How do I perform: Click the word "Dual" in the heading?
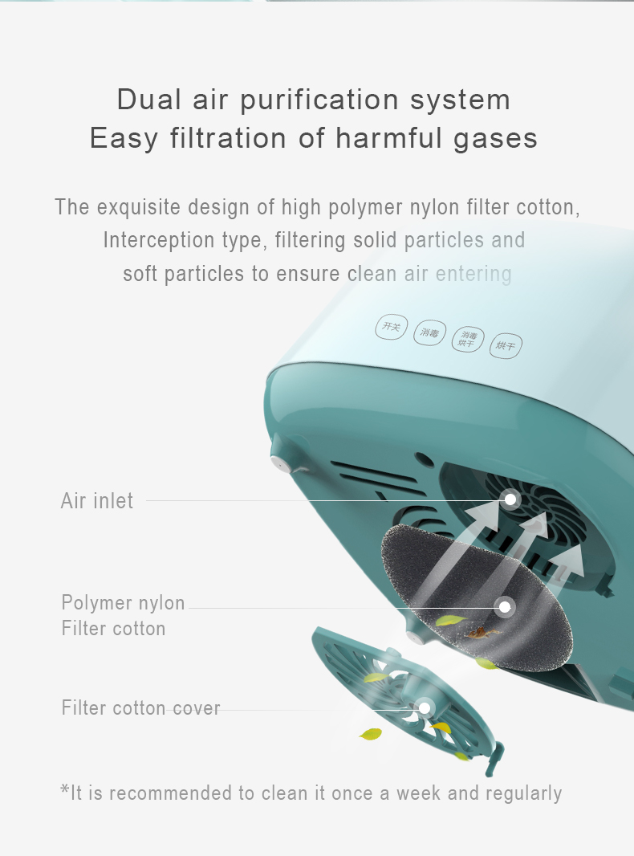pos(149,100)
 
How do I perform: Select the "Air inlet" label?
pos(96,500)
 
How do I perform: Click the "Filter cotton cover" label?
pos(140,707)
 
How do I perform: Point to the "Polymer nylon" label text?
pos(123,603)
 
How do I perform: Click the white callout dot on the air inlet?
pos(510,499)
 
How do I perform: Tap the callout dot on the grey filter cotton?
pos(505,606)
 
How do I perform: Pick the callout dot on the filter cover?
pos(424,708)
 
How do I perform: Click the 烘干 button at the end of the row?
pos(506,345)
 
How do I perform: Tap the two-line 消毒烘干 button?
pos(468,339)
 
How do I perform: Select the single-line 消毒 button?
pos(429,332)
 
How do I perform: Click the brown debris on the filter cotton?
pos(482,634)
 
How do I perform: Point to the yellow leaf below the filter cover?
pos(371,734)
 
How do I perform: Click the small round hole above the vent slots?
pos(424,460)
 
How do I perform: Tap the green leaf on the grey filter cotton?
pos(451,620)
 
